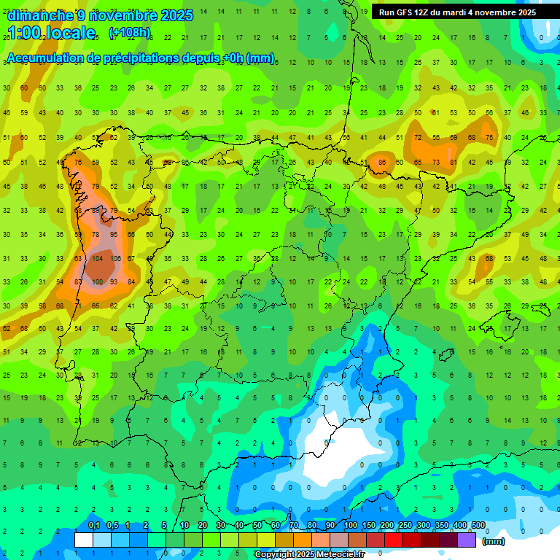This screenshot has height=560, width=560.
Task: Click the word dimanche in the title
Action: coord(40,15)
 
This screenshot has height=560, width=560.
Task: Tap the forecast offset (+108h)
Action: coord(130,33)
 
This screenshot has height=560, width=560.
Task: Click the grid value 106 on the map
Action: coord(114,259)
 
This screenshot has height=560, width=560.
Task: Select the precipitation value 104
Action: coord(96,259)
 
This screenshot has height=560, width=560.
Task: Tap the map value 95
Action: coord(114,235)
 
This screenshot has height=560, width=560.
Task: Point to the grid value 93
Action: coord(114,282)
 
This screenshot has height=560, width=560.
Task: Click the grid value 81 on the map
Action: coord(454,163)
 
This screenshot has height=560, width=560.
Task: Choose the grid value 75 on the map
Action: coord(489,138)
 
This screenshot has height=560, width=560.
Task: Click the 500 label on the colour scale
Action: coord(478,526)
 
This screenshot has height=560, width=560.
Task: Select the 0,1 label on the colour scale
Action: coord(93,526)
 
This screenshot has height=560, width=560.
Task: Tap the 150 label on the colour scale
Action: coord(369,526)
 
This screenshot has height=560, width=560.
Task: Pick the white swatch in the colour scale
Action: coord(84,540)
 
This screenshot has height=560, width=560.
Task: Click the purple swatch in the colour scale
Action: coord(467,540)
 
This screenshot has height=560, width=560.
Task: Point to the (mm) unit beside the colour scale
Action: coord(494,541)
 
